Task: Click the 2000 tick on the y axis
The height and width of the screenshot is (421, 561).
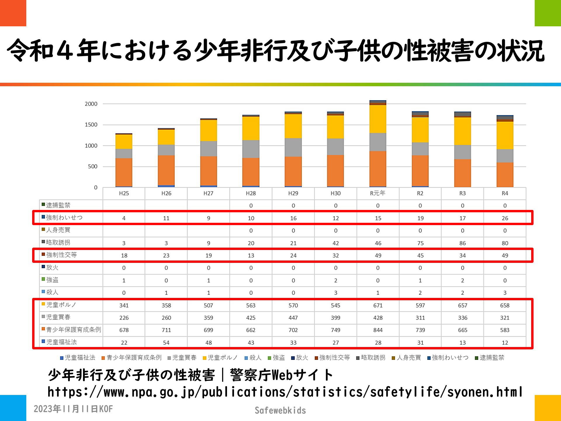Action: [91, 104]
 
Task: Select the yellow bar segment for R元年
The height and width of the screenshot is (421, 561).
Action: [378, 119]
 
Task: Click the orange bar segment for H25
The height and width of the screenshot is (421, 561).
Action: [124, 172]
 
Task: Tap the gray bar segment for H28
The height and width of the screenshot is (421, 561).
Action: [251, 149]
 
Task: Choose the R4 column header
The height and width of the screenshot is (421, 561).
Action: [505, 194]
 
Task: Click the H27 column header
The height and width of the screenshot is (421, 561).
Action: [208, 194]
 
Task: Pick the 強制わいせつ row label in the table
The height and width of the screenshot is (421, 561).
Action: [64, 218]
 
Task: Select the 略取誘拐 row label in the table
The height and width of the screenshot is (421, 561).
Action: [58, 243]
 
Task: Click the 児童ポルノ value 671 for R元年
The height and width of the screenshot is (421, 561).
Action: [378, 306]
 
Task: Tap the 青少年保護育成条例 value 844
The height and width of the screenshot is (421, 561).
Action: [378, 330]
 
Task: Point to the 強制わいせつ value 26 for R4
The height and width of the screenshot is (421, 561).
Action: [505, 218]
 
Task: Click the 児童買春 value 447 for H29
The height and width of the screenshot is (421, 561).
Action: [293, 318]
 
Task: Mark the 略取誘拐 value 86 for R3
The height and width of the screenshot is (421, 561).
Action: [462, 243]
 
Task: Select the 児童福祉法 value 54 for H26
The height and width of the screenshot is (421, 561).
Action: [166, 343]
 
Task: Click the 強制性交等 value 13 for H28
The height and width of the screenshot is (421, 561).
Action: [251, 256]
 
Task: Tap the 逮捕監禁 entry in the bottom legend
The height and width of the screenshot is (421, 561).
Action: [492, 358]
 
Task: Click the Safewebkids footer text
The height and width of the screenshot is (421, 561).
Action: [280, 410]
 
